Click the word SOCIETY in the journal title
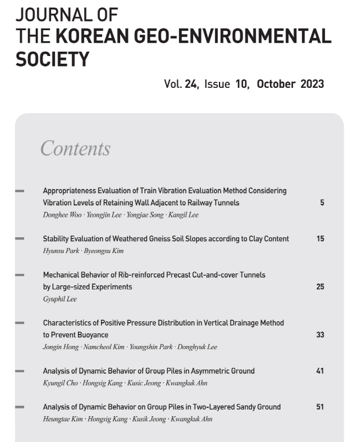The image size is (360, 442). click(x=53, y=59)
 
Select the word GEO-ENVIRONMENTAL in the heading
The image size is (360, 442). click(x=240, y=36)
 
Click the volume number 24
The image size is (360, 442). click(x=192, y=84)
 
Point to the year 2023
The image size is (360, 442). click(x=312, y=84)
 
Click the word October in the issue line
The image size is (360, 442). click(x=276, y=84)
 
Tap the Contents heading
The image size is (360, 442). click(x=75, y=149)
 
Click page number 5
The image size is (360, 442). click(x=322, y=203)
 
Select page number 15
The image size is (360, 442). click(x=320, y=239)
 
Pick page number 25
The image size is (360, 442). click(x=320, y=287)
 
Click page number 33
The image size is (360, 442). click(x=320, y=334)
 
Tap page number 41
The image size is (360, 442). click(x=320, y=371)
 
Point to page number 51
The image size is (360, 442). click(x=320, y=407)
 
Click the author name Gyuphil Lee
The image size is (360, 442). click(x=60, y=299)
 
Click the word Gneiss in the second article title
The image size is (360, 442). click(x=163, y=239)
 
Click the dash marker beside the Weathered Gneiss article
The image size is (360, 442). click(x=20, y=239)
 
